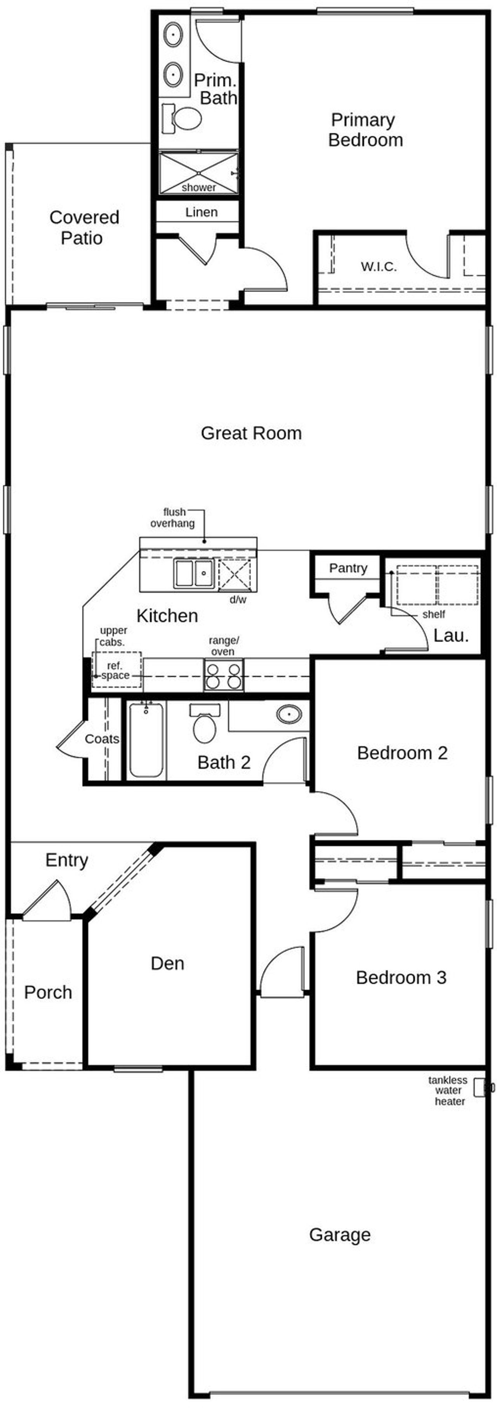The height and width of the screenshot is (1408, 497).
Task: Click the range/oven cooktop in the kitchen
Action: (x=224, y=675)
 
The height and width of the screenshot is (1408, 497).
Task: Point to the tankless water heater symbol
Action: (x=480, y=1087)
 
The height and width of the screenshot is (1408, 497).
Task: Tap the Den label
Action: (x=167, y=963)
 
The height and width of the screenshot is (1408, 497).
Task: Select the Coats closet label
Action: (x=102, y=739)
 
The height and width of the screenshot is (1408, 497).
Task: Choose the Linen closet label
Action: (x=201, y=212)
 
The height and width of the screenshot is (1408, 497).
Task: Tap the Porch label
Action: (x=48, y=992)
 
